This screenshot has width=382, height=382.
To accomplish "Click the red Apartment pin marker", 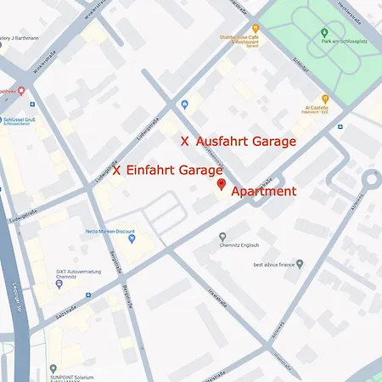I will (x=222, y=185).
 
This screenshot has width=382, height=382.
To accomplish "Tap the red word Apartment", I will (x=263, y=192).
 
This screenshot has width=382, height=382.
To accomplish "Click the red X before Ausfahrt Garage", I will (x=186, y=142).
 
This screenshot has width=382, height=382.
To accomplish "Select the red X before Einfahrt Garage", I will (x=116, y=170).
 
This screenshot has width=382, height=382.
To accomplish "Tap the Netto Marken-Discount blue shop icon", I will (x=132, y=239).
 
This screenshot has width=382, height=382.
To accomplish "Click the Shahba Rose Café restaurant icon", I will (x=253, y=27).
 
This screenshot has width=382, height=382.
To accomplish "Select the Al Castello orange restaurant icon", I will (x=324, y=99).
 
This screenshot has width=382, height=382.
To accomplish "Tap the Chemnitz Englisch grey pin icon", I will (x=222, y=237).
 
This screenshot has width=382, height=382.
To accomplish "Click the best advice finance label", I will (x=278, y=265).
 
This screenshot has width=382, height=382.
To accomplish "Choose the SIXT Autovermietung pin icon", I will (x=59, y=284).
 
